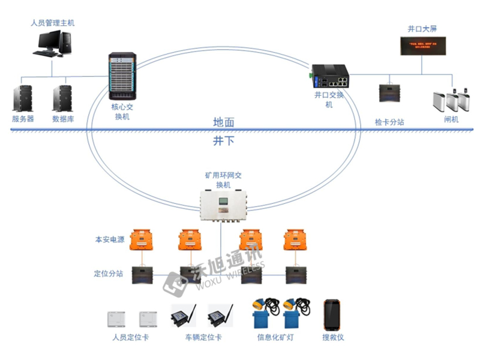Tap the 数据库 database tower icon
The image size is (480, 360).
click(x=62, y=98)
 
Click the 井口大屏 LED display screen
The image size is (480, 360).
click(x=424, y=46)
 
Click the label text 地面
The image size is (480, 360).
click(x=224, y=122)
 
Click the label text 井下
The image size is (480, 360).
click(x=224, y=140)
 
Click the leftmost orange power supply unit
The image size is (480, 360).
click(x=141, y=239)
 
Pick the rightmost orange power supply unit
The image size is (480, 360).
click(x=294, y=239)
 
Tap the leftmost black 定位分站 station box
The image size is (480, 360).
click(x=141, y=274)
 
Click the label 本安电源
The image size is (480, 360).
click(x=109, y=240)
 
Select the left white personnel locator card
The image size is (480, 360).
click(x=115, y=317)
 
